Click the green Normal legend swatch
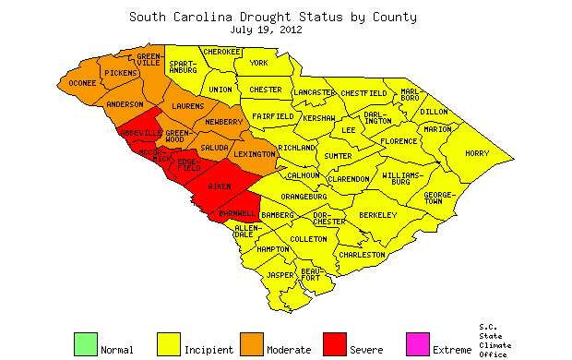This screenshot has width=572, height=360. coord(85,343)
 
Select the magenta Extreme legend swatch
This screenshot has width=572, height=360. coord(417,343)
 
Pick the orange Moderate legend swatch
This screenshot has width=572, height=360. coord(251,343)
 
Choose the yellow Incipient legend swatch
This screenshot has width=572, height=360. coord(168,343)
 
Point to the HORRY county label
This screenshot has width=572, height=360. coord(477,153)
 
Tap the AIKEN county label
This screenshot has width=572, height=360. coord(220,187)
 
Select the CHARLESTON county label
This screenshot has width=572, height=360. coord(362,254)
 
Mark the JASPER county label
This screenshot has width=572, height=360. coord(280,275)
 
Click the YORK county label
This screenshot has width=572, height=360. coord(259,63)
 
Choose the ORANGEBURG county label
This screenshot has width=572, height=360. coord(304,196)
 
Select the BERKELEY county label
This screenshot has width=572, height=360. coord(377,215)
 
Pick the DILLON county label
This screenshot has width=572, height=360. coord(434,112)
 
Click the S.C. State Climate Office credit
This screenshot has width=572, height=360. coord(495,340)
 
